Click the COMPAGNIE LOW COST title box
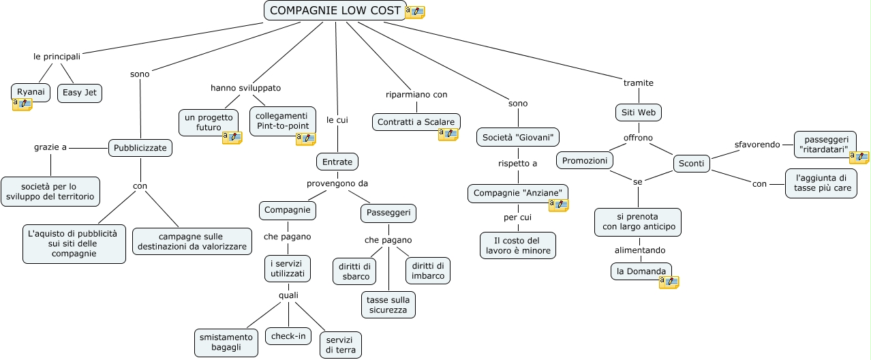coord(335,10)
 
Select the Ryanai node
coord(31,93)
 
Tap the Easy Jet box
coord(80,93)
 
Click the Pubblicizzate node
coord(140,148)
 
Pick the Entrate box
coord(337,162)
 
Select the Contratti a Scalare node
coord(416,122)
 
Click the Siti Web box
coord(639,112)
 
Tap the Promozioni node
coord(585,160)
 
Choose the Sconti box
coord(691,164)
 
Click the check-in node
coord(288,336)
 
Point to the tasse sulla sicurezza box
coord(388,305)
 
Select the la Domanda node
coord(641,271)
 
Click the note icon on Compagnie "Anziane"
coord(559,205)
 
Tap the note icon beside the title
coord(415,12)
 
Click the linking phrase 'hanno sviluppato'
coord(246,88)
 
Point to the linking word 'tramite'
coord(639,83)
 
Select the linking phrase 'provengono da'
coord(337,183)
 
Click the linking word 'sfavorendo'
coord(757,145)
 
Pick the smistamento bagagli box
coord(226,342)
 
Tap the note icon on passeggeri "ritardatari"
coord(859,157)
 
